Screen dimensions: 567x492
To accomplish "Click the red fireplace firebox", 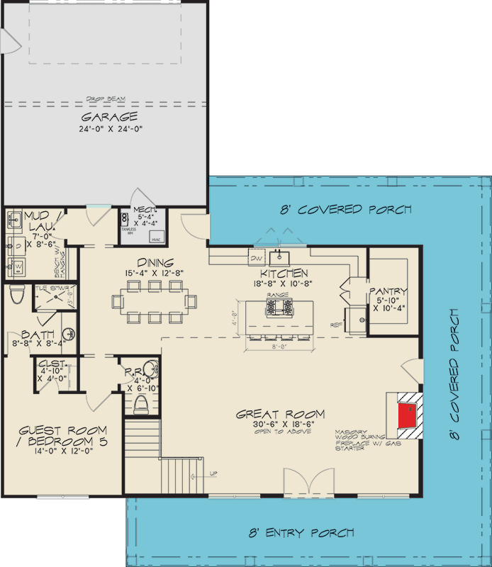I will [406, 415].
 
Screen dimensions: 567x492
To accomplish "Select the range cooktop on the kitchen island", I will [278, 307].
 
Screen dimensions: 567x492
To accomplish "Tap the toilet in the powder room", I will [140, 405].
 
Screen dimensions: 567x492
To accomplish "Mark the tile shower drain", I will [50, 299].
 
